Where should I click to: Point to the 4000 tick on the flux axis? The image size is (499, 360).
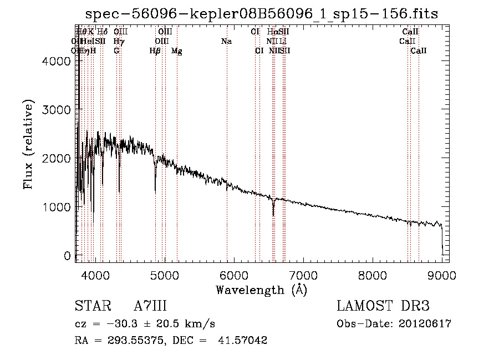point(77,61)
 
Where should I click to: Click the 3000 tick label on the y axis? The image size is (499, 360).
point(57,110)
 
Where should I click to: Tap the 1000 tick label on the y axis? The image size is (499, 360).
point(57,207)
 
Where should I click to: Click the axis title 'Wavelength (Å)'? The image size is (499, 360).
point(261,289)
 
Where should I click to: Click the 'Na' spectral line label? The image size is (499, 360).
point(226,41)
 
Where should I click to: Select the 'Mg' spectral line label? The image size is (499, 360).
point(177,51)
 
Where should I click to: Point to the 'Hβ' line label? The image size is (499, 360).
point(155,51)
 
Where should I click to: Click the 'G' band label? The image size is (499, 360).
point(116,51)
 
